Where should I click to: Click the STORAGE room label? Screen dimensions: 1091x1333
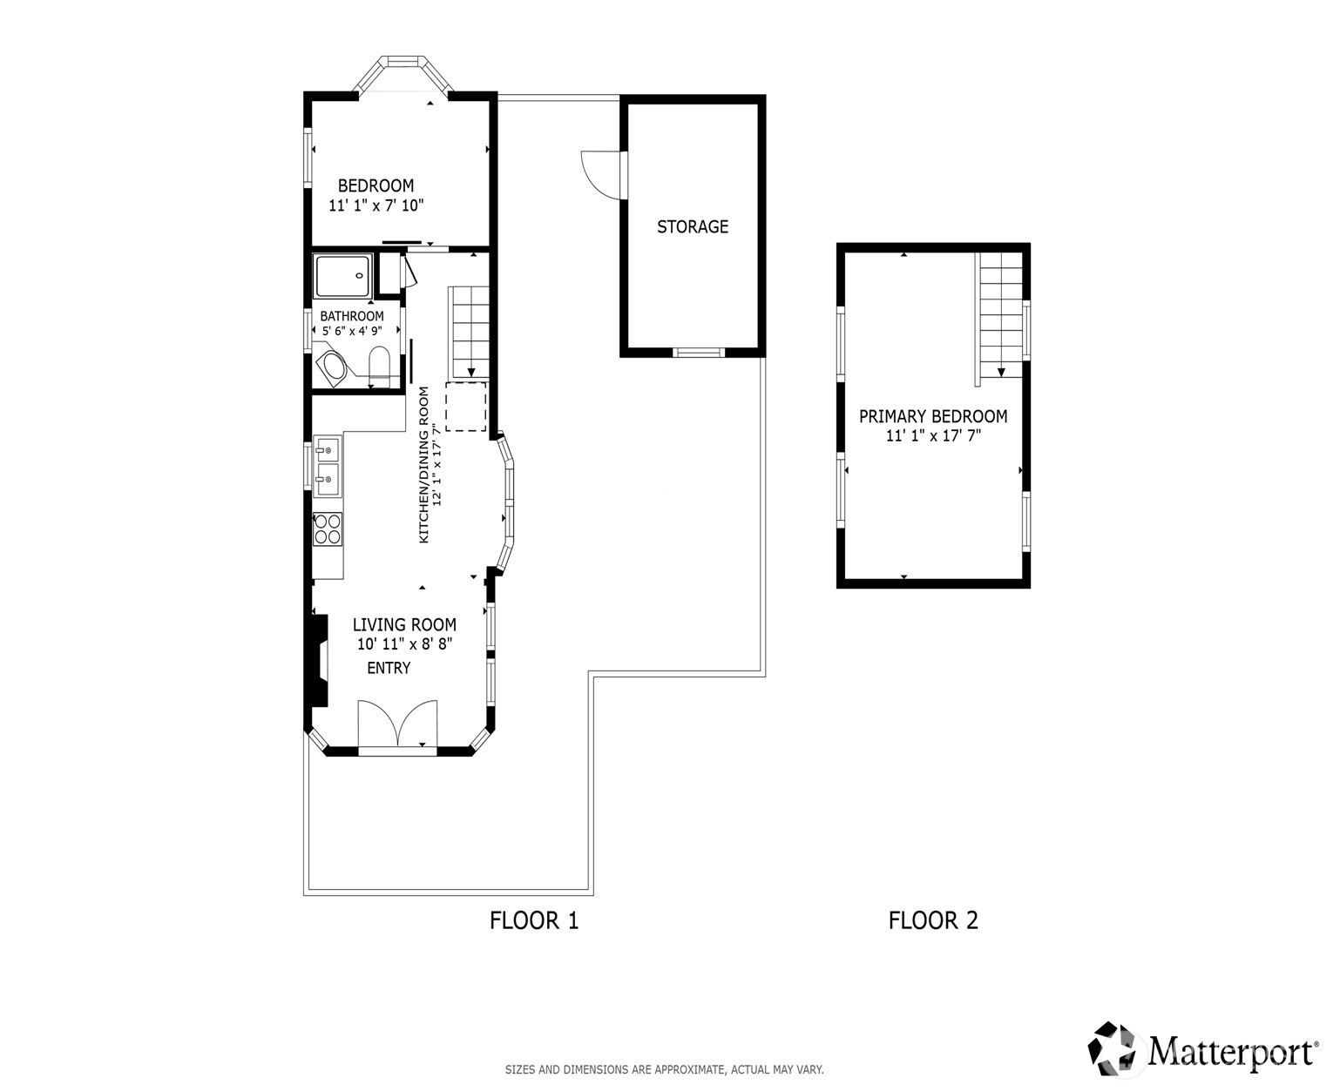(x=692, y=226)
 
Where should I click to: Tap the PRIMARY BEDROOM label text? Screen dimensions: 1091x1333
(x=933, y=416)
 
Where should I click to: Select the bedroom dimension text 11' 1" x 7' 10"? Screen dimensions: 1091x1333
(x=376, y=206)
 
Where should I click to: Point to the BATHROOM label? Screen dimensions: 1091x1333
(x=351, y=316)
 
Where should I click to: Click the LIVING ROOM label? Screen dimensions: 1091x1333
(x=404, y=624)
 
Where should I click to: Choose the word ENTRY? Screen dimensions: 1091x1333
(x=389, y=668)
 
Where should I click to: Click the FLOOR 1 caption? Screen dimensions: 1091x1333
(x=534, y=920)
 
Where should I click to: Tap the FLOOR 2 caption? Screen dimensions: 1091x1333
(x=933, y=920)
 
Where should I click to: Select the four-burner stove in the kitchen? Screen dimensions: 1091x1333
(x=328, y=529)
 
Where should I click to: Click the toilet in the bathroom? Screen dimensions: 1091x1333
(x=379, y=366)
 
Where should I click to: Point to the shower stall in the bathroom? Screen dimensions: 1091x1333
(x=343, y=275)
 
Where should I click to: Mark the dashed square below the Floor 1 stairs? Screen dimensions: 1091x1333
(x=466, y=407)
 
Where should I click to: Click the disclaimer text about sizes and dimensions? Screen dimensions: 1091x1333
(x=664, y=1069)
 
